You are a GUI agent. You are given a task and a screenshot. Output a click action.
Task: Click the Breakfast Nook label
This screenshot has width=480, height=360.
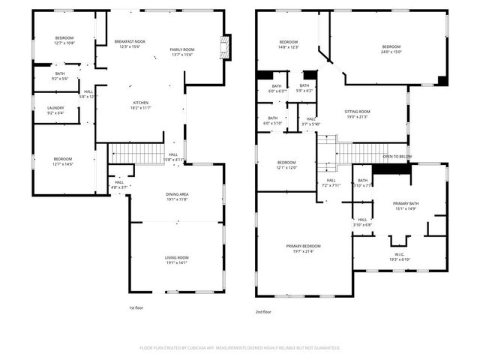point(130,40)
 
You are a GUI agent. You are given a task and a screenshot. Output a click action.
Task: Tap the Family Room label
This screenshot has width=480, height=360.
point(182,49)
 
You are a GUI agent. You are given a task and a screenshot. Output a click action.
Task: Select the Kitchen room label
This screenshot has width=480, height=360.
point(141,103)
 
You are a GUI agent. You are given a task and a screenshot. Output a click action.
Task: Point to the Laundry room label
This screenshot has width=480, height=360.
point(55,108)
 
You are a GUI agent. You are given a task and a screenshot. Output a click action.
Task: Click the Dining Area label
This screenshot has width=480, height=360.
point(177,194)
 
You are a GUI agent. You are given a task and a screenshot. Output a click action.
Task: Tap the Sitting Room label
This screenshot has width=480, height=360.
point(358,111)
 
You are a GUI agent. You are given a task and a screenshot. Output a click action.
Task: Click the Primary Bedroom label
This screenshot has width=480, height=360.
point(303,246)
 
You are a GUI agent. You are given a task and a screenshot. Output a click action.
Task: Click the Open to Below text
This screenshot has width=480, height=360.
point(397,157)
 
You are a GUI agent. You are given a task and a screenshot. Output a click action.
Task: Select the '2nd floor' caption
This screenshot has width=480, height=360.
point(262,311)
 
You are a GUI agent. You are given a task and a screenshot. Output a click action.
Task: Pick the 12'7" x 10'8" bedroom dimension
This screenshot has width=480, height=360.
point(64,43)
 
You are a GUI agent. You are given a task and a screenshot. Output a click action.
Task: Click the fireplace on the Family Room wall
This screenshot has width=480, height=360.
point(224,46)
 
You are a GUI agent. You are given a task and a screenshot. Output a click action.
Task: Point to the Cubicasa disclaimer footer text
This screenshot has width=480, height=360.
point(240,348)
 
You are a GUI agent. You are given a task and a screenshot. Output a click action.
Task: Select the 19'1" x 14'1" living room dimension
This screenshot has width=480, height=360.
point(177,263)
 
